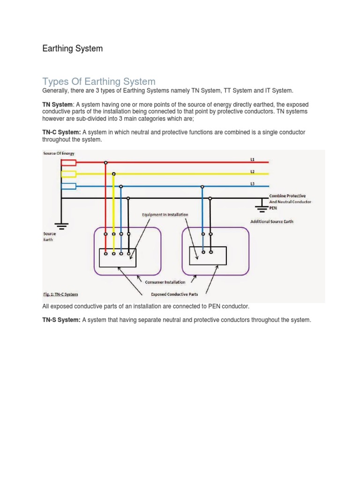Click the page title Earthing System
pyautogui.click(x=72, y=48)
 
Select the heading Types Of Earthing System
pyautogui.click(x=98, y=82)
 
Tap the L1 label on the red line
pyautogui.click(x=252, y=159)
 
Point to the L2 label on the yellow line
pyautogui.click(x=252, y=172)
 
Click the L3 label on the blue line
pyautogui.click(x=252, y=184)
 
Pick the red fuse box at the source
pyautogui.click(x=69, y=163)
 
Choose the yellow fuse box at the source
pyautogui.click(x=69, y=174)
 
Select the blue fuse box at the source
pyautogui.click(x=69, y=186)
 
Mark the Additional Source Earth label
pyautogui.click(x=271, y=221)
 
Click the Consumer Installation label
pyautogui.click(x=165, y=282)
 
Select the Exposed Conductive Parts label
pyautogui.click(x=174, y=294)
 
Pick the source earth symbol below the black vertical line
pyautogui.click(x=61, y=224)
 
